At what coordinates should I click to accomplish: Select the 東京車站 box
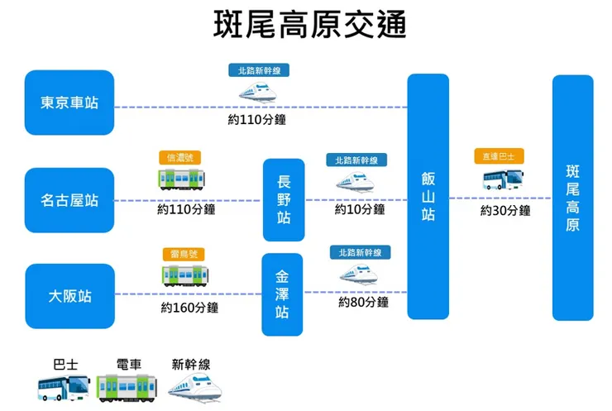69,103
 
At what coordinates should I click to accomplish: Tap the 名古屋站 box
69,200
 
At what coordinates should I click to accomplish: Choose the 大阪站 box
69,295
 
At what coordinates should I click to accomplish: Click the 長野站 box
283,200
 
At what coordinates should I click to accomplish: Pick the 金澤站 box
282,294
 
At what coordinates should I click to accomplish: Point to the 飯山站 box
428,196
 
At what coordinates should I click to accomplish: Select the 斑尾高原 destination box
572,198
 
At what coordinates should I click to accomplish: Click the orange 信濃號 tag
179,157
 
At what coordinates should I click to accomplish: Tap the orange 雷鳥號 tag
183,255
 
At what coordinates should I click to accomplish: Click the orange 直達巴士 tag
499,156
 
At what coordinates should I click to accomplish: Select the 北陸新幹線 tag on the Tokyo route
259,70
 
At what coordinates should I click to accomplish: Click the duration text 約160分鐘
189,308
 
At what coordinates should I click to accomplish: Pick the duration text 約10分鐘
360,210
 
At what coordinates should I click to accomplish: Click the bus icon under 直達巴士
503,179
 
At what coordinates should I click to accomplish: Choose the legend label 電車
129,363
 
